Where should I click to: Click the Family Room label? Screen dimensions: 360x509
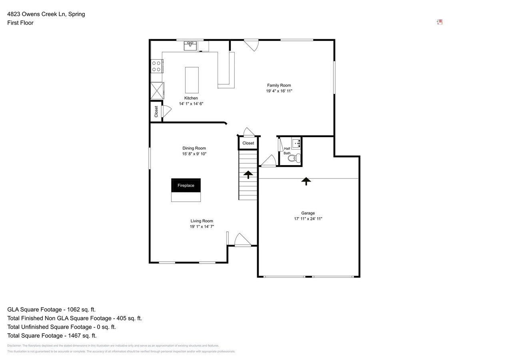(x=279, y=85)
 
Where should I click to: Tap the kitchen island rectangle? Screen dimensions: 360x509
(x=192, y=80)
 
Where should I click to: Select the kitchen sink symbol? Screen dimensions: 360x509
(x=190, y=46)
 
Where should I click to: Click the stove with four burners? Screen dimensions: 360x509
(x=156, y=66)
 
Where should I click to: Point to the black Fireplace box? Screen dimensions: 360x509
(x=186, y=185)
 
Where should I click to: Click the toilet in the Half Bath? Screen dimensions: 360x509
(x=294, y=158)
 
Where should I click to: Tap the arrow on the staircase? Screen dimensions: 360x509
(x=248, y=174)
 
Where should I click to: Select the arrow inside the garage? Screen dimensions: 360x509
(x=306, y=181)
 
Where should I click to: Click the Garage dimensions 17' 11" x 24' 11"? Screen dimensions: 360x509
(x=308, y=219)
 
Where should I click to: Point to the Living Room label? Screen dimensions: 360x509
(x=202, y=221)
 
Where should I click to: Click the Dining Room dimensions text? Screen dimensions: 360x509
(x=194, y=154)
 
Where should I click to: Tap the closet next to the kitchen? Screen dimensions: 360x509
(x=156, y=111)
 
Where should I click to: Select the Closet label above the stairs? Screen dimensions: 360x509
(x=248, y=143)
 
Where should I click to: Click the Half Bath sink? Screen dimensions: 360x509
(x=296, y=143)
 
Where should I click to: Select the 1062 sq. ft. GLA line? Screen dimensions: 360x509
(x=51, y=310)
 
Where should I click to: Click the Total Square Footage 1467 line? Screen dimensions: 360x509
(x=52, y=336)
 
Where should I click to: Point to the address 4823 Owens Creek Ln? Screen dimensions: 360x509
(x=46, y=14)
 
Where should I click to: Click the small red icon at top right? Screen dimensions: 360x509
(x=439, y=22)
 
